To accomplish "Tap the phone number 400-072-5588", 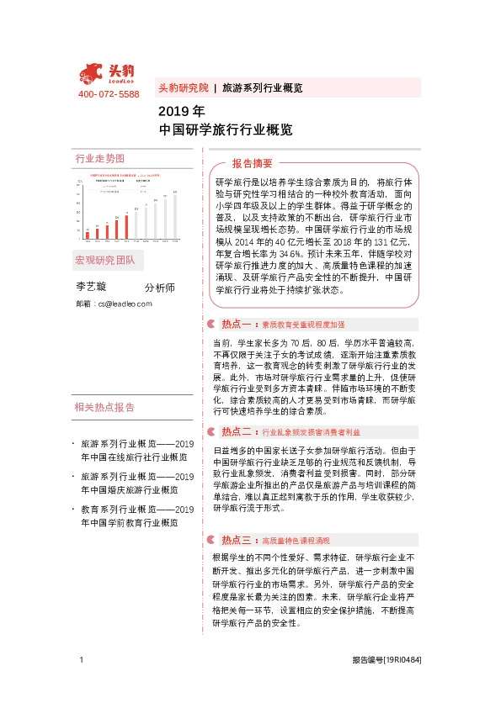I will click(x=109, y=94).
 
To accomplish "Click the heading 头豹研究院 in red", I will click(x=183, y=87).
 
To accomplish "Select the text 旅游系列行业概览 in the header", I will click(x=262, y=87).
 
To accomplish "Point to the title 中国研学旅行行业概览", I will click(x=226, y=130).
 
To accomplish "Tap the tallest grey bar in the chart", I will click(x=174, y=213).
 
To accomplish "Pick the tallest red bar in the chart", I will click(x=126, y=223).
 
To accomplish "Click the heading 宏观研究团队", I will click(x=104, y=259).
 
